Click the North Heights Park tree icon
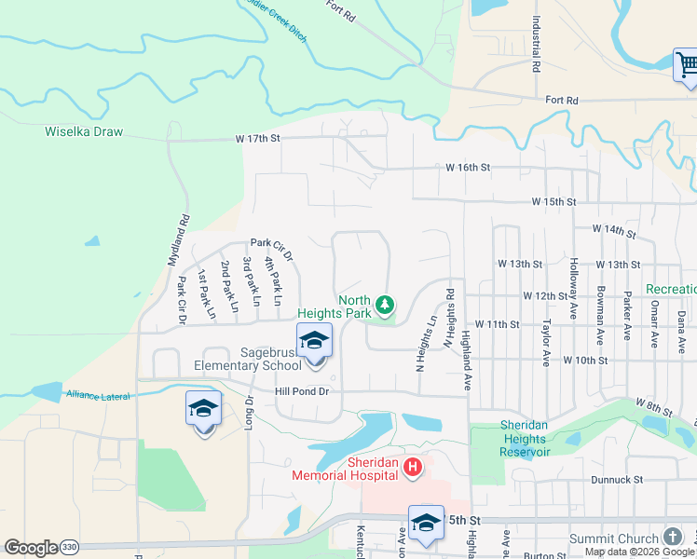click(384, 305)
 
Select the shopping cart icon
click(687, 65)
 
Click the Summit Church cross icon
click(672, 538)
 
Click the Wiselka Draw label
click(84, 131)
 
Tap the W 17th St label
click(258, 139)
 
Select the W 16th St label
click(468, 168)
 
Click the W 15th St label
click(554, 201)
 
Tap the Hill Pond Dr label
click(303, 391)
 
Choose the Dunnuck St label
click(617, 480)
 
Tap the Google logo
click(31, 547)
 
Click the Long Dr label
click(249, 413)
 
